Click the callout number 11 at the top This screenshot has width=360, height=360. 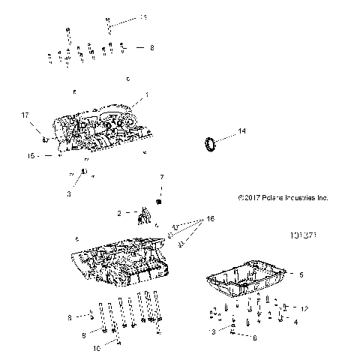144,16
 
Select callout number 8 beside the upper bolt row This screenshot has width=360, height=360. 151,47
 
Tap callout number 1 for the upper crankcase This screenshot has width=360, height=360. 147,94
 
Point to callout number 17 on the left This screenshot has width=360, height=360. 25,115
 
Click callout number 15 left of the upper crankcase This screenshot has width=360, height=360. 31,156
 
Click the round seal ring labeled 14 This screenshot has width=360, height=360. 211,142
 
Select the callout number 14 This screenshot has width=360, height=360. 241,131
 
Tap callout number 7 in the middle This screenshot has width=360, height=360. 160,177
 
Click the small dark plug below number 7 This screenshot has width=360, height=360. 159,202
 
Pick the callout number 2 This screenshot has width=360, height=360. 118,213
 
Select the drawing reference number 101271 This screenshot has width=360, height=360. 301,235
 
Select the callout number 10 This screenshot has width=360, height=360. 96,349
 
